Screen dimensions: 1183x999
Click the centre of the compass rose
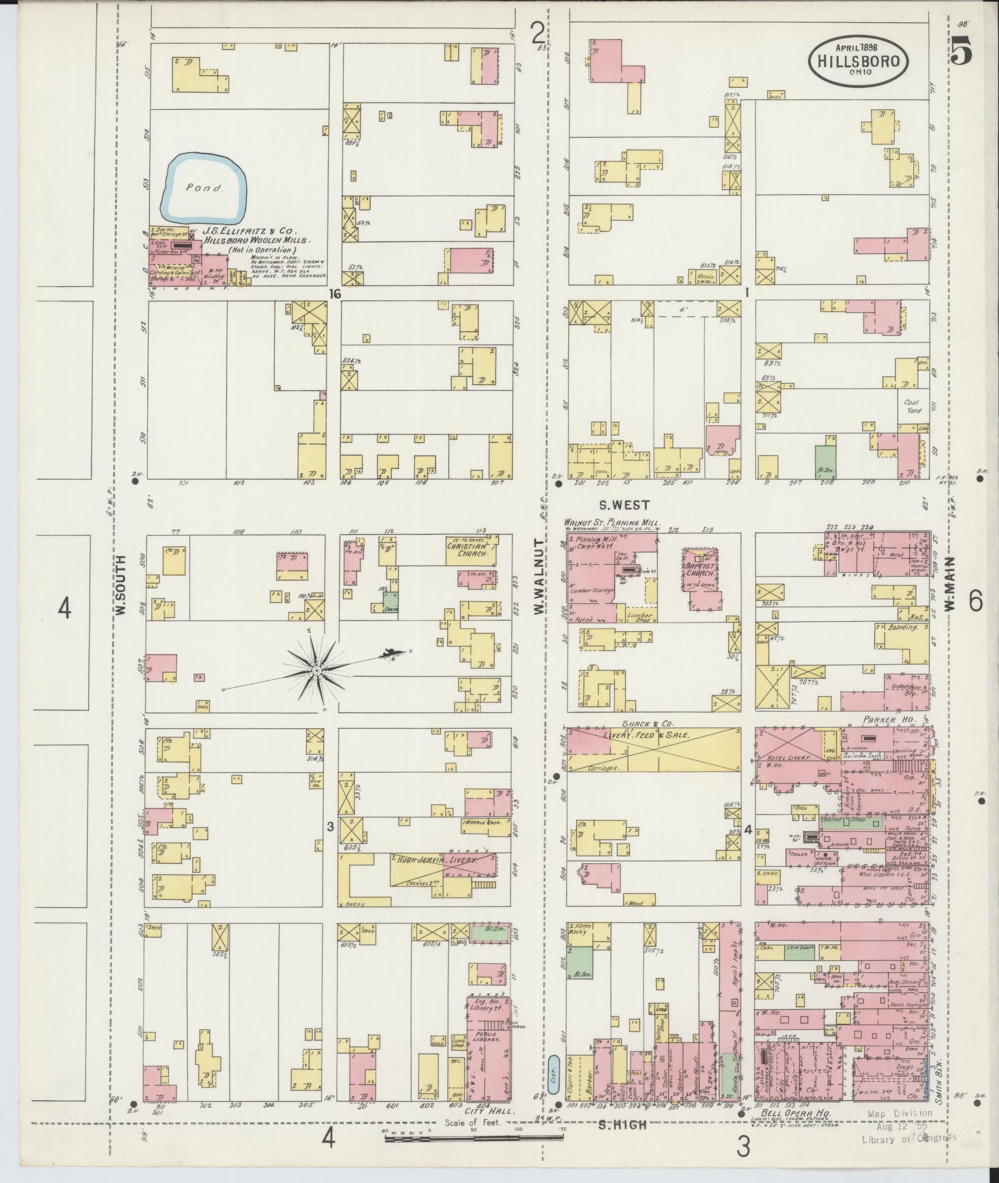[315, 670]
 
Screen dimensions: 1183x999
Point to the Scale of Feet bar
[474, 1138]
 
